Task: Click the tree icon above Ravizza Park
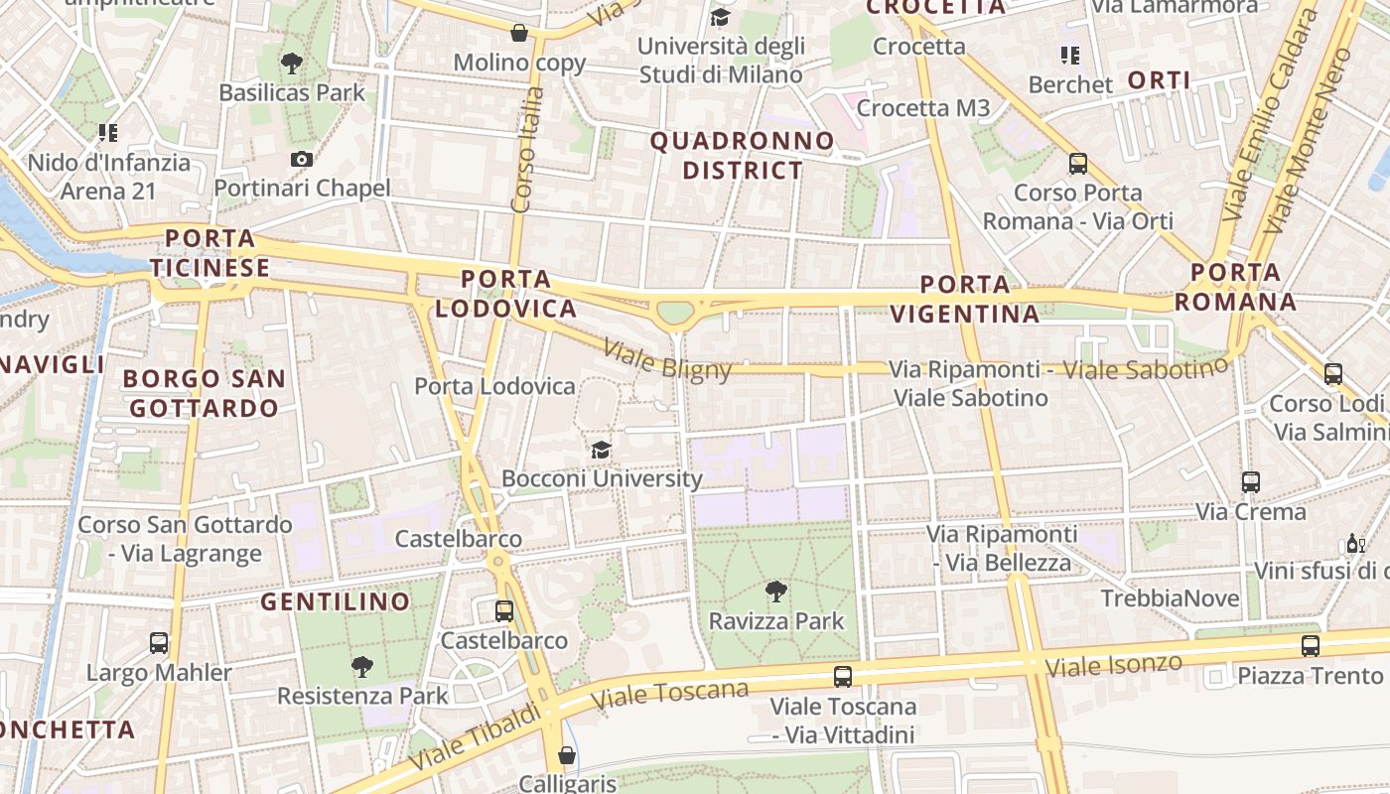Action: point(776,593)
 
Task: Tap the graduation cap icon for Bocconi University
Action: point(601,450)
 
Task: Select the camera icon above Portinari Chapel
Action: point(302,159)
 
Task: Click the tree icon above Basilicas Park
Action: point(292,64)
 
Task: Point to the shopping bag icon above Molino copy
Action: point(518,33)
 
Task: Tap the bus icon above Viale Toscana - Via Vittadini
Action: point(843,677)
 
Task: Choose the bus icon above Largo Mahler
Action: point(159,642)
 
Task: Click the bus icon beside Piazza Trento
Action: point(1311,646)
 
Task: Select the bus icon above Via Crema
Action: point(1251,482)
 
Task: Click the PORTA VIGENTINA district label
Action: point(964,299)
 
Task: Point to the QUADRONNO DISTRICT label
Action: point(743,156)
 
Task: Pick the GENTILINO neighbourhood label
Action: point(335,601)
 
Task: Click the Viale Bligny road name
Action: point(667,361)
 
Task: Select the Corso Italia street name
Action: point(527,149)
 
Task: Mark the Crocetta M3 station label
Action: point(923,108)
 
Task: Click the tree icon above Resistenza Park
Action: point(362,667)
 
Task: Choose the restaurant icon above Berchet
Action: point(1069,55)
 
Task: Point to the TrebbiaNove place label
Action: point(1170,598)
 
